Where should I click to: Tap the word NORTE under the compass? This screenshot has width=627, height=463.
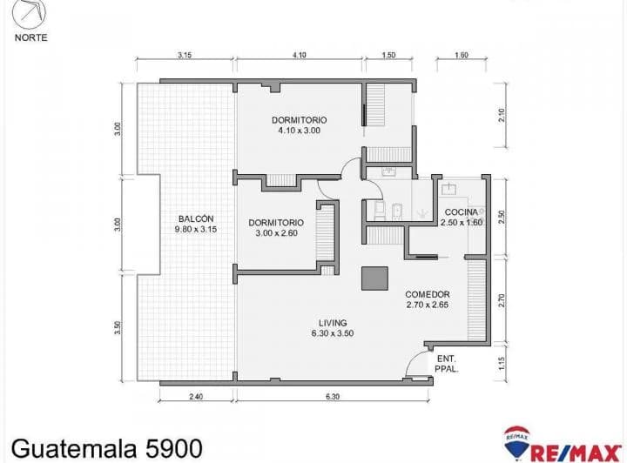click(30, 37)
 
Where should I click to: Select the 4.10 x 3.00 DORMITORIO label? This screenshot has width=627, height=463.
click(299, 125)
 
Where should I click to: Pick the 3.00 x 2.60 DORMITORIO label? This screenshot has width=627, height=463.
click(276, 228)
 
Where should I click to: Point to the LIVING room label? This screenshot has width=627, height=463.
click(333, 323)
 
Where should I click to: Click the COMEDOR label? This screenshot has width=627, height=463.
click(428, 294)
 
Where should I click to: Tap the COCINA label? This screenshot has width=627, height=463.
click(461, 212)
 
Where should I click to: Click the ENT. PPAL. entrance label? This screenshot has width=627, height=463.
click(446, 364)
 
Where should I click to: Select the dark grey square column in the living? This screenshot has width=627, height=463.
click(374, 278)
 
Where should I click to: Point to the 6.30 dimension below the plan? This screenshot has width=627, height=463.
click(333, 397)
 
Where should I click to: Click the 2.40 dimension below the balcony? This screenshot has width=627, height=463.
click(196, 397)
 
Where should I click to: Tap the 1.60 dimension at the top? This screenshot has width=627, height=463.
click(462, 55)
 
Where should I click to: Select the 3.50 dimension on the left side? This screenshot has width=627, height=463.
click(118, 327)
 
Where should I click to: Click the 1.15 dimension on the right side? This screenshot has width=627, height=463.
click(502, 363)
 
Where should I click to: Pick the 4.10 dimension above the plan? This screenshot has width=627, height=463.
click(299, 55)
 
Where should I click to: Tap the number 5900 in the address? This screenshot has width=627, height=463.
click(173, 448)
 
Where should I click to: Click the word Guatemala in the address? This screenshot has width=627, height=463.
click(74, 448)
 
